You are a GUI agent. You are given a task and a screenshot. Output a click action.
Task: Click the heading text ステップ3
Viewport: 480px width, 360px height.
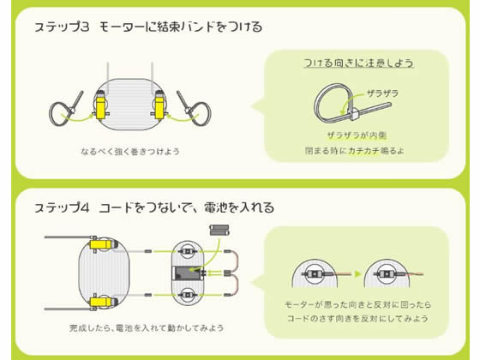(62, 27)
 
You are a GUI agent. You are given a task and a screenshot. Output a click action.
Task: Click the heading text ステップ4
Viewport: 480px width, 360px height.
(62, 207)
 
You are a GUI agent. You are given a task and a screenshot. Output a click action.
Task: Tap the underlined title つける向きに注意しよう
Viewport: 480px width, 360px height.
(358, 63)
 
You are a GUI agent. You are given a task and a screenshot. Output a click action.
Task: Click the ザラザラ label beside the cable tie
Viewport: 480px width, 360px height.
(382, 93)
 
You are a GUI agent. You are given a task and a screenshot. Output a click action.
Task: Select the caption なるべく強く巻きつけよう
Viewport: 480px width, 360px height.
(130, 152)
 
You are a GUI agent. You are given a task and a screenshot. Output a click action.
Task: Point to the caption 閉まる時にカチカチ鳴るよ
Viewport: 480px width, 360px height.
(355, 151)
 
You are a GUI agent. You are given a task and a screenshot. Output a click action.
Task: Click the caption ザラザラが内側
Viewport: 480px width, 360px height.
(357, 135)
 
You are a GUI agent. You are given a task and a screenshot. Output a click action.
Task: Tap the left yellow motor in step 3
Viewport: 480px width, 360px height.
(100, 107)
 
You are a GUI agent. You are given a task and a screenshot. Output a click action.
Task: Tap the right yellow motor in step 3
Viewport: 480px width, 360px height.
(159, 107)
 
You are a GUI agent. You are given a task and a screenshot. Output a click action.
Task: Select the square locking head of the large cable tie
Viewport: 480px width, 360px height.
(353, 115)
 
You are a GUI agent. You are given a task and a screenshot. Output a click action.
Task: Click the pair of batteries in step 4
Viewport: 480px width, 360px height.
(219, 231)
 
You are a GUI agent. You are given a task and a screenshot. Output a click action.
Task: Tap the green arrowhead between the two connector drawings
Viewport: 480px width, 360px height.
(357, 273)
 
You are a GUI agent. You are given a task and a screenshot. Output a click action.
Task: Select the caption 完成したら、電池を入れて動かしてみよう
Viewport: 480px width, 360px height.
(147, 328)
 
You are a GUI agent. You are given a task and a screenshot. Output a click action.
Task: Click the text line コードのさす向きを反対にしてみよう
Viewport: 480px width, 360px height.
(357, 319)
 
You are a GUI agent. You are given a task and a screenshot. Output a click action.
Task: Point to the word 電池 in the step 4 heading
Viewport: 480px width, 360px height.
(216, 207)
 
